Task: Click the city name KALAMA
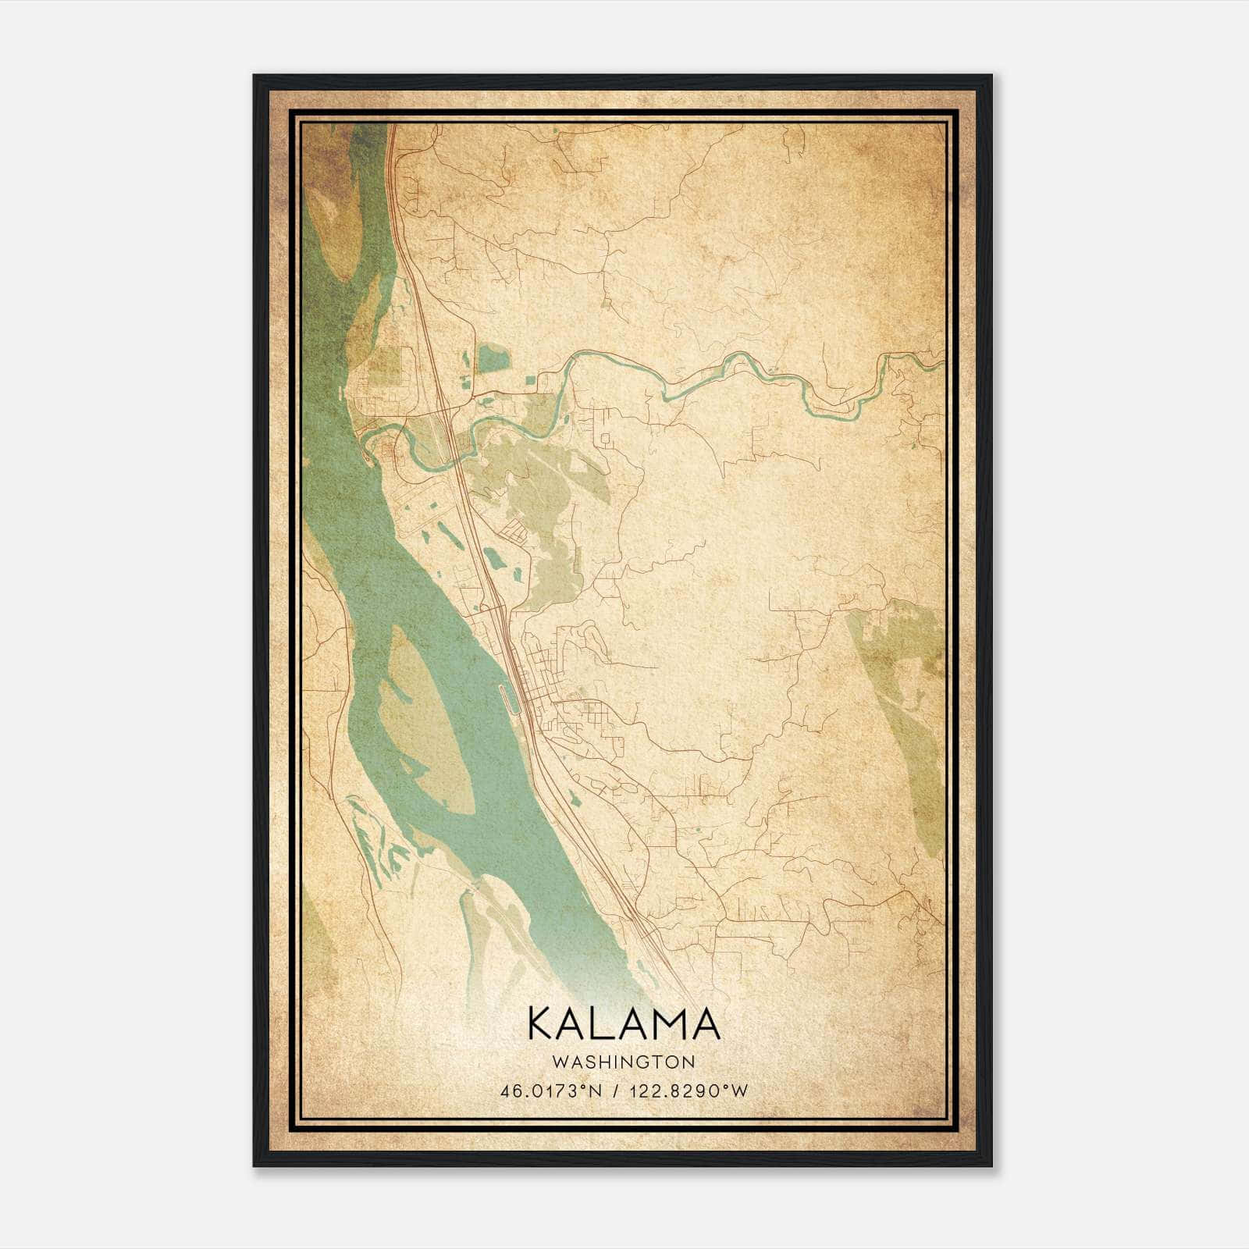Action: [624, 1023]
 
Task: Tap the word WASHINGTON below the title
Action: [624, 1062]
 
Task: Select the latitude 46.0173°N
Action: [551, 1091]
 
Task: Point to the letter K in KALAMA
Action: [543, 1023]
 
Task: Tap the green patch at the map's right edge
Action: [906, 703]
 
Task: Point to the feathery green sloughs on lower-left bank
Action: [375, 843]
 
